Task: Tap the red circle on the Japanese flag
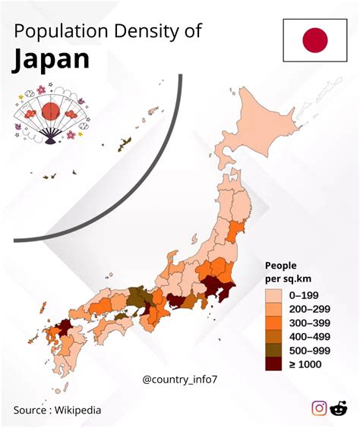[314, 39]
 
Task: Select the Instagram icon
[319, 408]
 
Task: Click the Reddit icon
[339, 408]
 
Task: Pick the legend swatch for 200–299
[273, 309]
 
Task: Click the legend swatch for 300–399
[273, 323]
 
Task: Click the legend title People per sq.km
[281, 272]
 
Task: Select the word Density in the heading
[147, 32]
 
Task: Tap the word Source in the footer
[30, 410]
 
